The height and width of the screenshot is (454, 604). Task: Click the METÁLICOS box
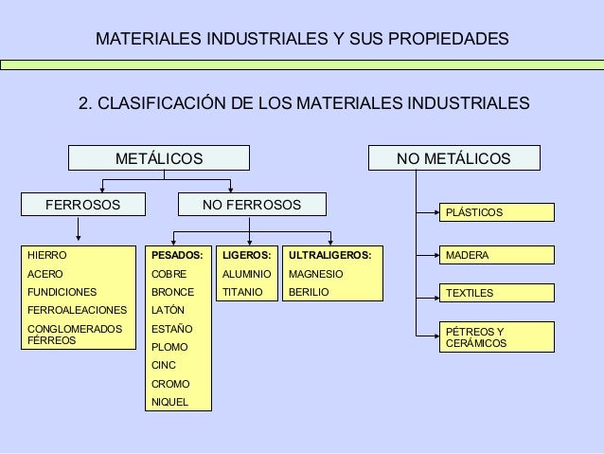(158, 158)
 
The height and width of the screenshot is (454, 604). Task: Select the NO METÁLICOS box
(453, 158)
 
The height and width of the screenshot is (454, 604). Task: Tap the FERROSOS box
(82, 205)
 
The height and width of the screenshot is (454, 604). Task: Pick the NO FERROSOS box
(253, 205)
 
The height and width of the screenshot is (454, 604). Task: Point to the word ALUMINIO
(245, 274)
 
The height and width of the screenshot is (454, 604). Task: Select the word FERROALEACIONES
(77, 311)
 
